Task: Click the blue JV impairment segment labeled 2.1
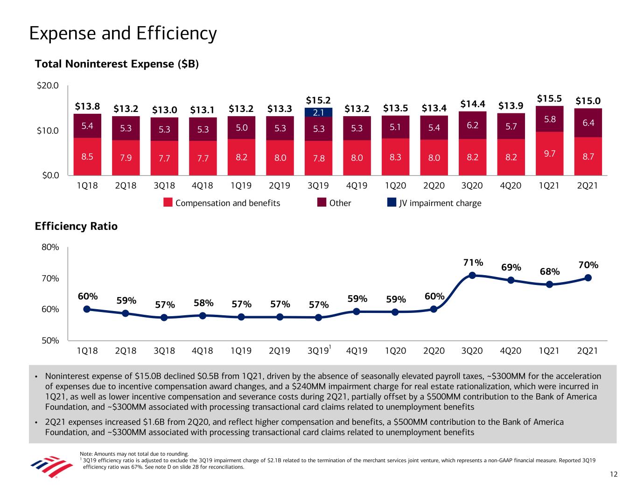point(318,112)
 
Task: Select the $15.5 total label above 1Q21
point(549,99)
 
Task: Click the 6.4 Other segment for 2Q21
point(588,123)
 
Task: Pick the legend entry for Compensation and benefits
point(222,203)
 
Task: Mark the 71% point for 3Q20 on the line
point(472,275)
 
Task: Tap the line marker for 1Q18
point(87,309)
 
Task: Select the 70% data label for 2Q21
point(588,265)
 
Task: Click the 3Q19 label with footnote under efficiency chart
point(319,350)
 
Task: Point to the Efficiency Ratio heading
point(76,226)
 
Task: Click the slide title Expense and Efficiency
point(123,34)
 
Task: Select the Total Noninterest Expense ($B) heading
point(117,64)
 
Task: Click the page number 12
point(613,474)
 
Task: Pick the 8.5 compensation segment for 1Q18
point(87,157)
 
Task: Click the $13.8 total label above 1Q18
point(87,106)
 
